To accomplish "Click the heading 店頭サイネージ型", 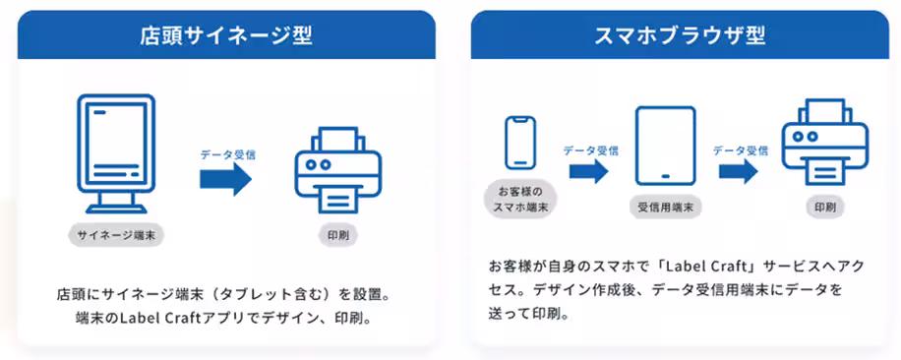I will [x=225, y=35].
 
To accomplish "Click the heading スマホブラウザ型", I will [x=680, y=35].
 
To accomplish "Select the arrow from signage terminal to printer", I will [x=226, y=179].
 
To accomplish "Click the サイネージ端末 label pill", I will [x=116, y=235].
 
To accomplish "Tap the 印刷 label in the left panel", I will [x=337, y=235].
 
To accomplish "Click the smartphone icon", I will [x=519, y=144].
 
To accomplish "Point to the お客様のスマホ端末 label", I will [x=519, y=199].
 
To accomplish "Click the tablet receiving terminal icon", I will [x=665, y=146].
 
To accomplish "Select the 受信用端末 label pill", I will [x=664, y=208].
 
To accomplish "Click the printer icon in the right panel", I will [x=824, y=144].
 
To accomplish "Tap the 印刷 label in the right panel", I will [x=824, y=208].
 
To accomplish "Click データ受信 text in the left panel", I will [x=228, y=154].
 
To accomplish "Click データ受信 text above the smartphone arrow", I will [x=590, y=150].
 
